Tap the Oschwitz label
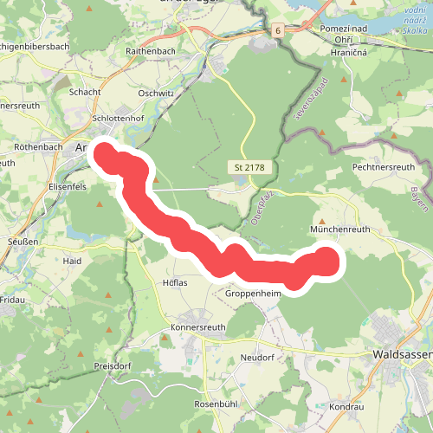click(x=157, y=93)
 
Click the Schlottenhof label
click(x=120, y=120)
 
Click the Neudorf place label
click(x=258, y=356)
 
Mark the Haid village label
click(x=72, y=260)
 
